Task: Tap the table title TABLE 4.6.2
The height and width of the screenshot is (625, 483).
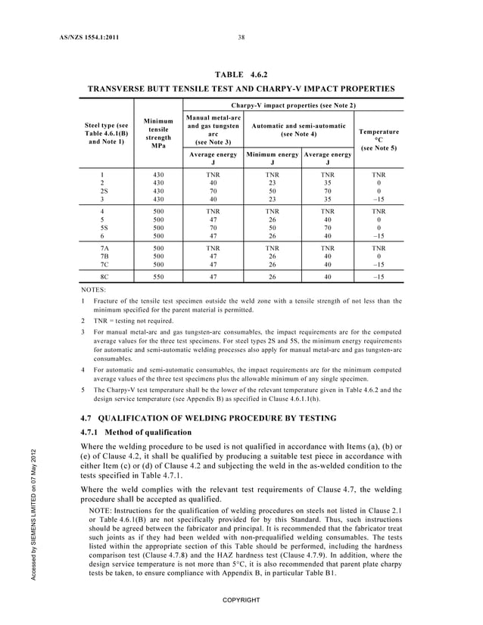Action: [x=241, y=74]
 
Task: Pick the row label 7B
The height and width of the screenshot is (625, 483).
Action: [x=103, y=257]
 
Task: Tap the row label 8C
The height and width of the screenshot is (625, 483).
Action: [x=103, y=278]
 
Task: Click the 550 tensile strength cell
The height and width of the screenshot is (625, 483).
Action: [x=159, y=278]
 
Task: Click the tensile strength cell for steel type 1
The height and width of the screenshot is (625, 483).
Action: [x=159, y=173]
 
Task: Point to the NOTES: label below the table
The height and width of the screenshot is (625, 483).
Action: [x=93, y=290]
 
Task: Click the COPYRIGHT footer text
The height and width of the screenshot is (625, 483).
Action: [x=241, y=599]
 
